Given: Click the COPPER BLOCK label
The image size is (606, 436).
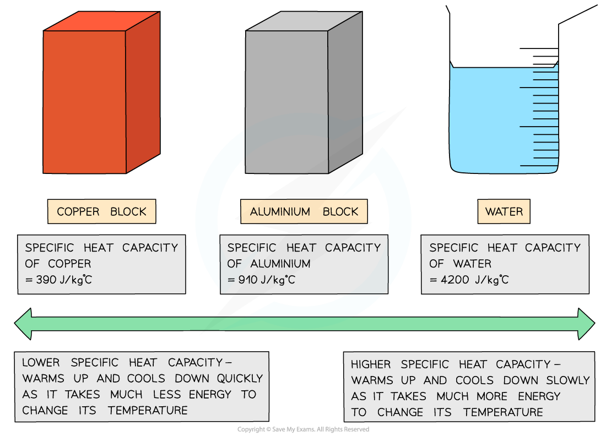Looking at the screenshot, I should point(101,212).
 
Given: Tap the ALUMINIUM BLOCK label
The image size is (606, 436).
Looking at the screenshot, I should point(304,212).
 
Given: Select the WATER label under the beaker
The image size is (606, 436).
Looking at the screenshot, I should point(504,212).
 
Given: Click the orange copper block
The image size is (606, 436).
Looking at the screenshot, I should point(85,102).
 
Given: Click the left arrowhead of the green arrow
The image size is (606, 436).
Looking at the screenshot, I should point(23,324).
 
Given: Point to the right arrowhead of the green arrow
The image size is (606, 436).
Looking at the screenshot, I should point(586,324).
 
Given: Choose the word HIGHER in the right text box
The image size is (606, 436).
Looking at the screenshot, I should point(371,364).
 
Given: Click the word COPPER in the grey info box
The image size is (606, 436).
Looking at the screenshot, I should point(69,264).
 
